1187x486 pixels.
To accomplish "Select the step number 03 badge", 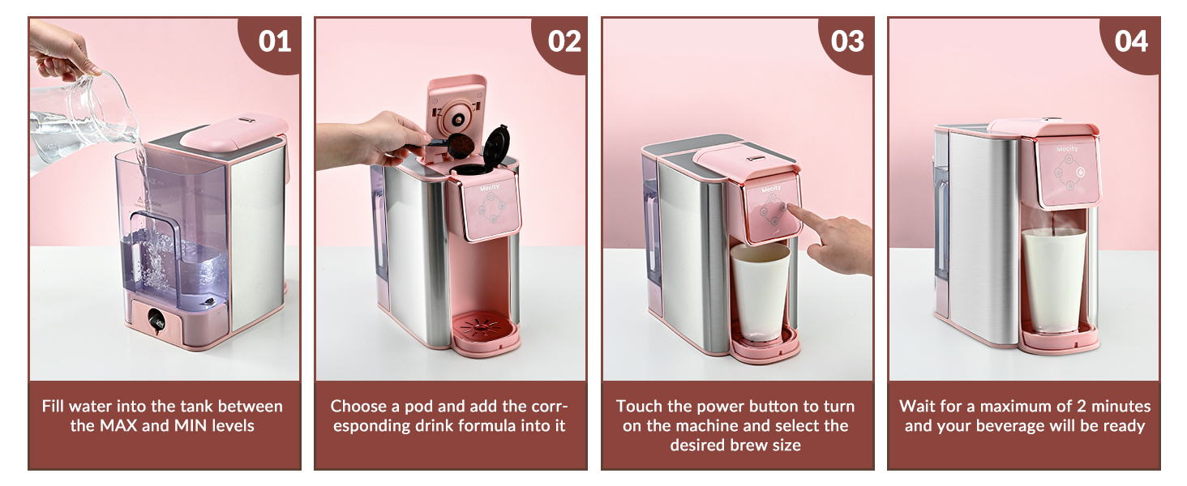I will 848,41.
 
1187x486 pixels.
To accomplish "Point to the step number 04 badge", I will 1132,41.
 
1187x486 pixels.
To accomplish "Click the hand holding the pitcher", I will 61,53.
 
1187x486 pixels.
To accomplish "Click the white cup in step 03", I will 760,291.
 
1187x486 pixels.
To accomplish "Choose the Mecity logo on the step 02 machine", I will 490,187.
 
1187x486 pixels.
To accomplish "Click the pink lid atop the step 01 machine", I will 234,130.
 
